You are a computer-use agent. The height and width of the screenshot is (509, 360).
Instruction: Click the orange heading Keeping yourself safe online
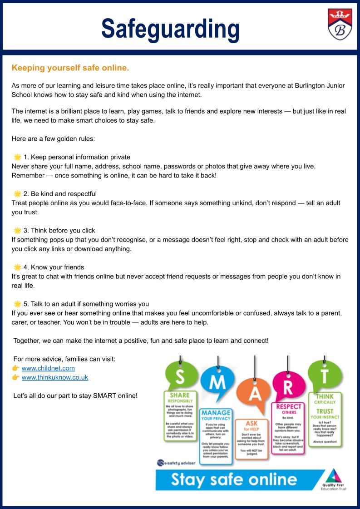(x=70, y=68)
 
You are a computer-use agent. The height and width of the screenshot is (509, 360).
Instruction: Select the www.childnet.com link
(x=48, y=368)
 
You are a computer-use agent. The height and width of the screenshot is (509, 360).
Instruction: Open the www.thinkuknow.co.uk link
(x=55, y=377)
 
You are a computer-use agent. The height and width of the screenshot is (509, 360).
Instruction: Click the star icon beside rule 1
(x=17, y=157)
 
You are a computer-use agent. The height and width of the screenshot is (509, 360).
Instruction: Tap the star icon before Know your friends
(x=17, y=267)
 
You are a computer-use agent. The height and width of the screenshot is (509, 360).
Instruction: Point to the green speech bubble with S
(x=180, y=376)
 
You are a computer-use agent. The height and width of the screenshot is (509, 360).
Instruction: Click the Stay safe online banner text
(x=234, y=479)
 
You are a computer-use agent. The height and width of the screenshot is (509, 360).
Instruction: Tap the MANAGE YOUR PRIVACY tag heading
(x=216, y=415)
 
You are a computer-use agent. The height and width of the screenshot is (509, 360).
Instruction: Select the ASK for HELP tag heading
(x=252, y=425)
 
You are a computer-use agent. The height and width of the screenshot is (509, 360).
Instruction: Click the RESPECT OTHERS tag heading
(x=289, y=409)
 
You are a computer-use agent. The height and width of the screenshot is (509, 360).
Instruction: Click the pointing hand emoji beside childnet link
(x=15, y=368)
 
